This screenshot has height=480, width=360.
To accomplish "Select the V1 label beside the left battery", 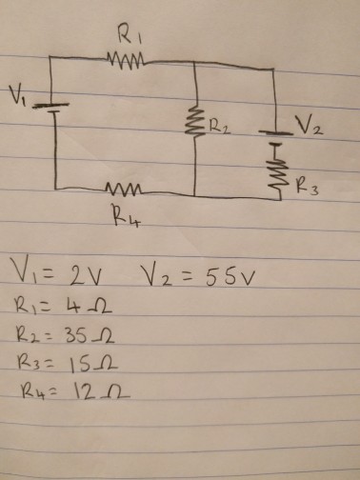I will pos(16,93).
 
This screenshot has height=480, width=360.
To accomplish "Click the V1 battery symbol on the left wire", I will pos(54,107).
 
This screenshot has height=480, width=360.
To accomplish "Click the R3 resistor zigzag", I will pos(277,172).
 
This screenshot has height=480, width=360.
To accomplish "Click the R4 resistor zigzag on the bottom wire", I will pos(124,188).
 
